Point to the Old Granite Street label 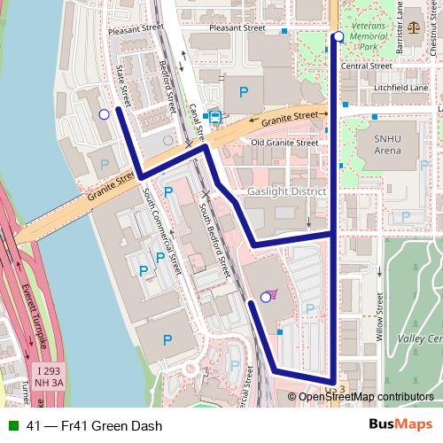pos(284,142)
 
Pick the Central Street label pos(366,66)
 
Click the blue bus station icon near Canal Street pos(214,116)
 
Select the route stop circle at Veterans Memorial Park pos(338,36)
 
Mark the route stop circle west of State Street pos(105,114)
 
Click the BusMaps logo pos(399,424)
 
